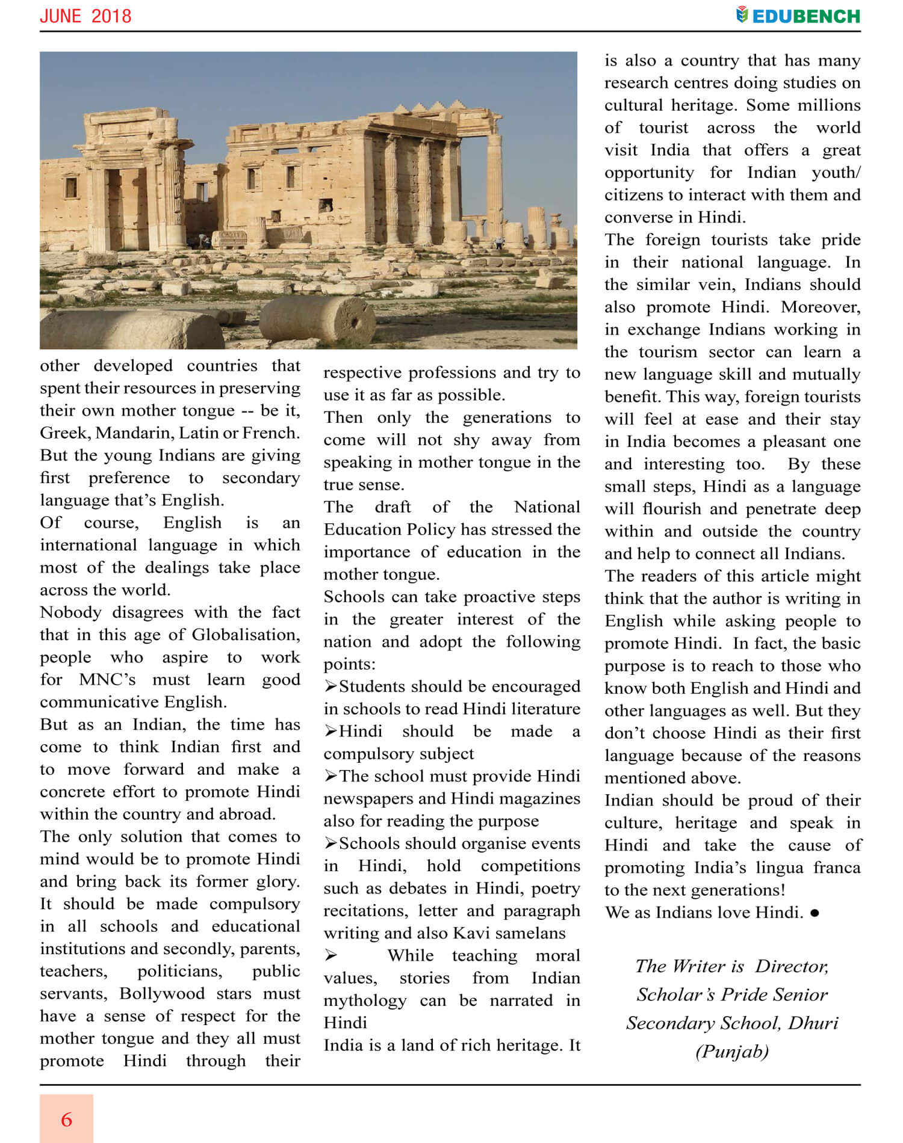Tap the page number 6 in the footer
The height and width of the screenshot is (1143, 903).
click(x=66, y=1120)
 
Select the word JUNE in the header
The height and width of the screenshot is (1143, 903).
click(x=60, y=16)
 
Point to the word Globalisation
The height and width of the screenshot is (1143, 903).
click(x=245, y=635)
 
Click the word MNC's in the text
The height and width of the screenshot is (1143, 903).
click(x=107, y=680)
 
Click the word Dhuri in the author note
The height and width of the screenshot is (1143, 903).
click(x=813, y=1023)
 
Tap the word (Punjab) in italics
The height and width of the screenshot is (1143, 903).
click(x=732, y=1051)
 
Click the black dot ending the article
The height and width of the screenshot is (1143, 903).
click(x=815, y=913)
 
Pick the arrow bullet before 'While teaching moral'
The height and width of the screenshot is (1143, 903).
click(x=330, y=955)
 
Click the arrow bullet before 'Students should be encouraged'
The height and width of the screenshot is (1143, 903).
click(x=330, y=686)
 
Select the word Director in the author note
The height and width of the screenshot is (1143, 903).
click(x=792, y=966)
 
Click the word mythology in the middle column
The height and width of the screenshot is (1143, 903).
click(x=365, y=1000)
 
